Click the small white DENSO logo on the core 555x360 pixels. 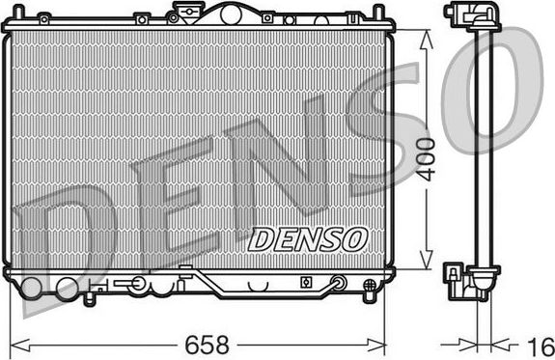click(308, 237)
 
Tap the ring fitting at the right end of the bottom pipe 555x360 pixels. click(339, 283)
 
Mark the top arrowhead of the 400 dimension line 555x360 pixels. click(425, 35)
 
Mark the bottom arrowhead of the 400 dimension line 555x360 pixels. click(425, 264)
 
